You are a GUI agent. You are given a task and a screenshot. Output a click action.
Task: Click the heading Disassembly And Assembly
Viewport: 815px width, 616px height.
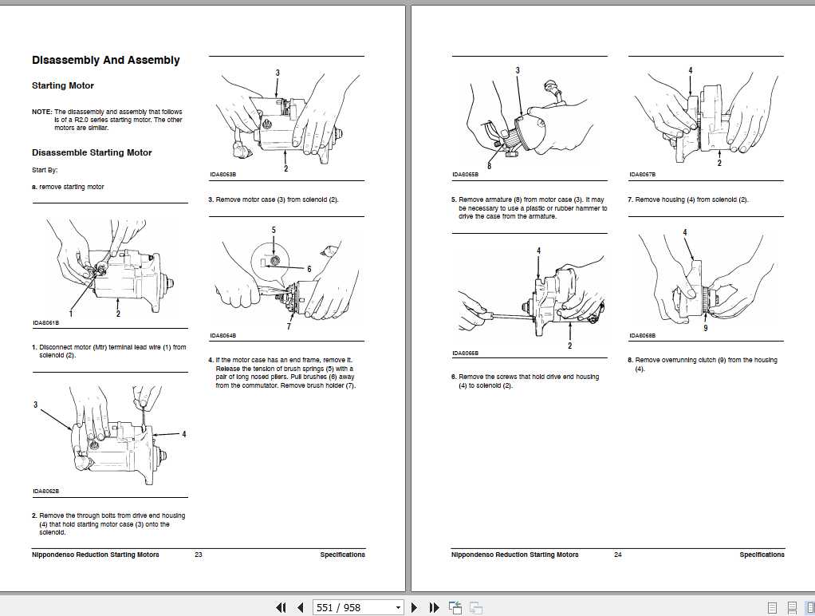[105, 61]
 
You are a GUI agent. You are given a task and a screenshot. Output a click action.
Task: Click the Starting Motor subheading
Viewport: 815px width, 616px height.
[63, 86]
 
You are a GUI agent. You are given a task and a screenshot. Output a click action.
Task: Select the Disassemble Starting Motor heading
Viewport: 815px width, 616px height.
[92, 152]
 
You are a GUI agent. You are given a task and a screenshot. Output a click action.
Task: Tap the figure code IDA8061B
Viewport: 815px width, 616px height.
[45, 323]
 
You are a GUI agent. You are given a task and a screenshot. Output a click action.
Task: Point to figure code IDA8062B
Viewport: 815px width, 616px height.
[45, 491]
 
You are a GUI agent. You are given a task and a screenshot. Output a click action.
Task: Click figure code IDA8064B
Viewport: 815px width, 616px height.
[222, 336]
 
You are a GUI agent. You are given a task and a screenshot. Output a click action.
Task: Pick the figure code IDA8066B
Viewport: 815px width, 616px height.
[465, 353]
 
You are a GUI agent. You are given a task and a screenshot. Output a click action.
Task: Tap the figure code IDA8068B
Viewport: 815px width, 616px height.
[642, 336]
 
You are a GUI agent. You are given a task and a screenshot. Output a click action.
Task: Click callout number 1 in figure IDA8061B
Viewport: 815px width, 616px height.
[70, 314]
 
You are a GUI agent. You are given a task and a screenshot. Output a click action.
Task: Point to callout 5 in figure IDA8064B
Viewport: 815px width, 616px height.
[274, 230]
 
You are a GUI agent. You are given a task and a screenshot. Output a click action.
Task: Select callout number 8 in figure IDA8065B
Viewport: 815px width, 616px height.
[489, 167]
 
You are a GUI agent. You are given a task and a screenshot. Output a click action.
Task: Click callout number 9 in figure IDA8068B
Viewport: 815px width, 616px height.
[705, 327]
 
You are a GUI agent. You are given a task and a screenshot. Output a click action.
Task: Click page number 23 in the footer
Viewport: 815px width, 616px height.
[198, 555]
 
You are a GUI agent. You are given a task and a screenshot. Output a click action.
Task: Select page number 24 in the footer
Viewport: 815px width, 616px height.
[617, 555]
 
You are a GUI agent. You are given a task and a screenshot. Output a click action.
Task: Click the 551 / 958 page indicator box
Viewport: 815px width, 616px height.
[358, 608]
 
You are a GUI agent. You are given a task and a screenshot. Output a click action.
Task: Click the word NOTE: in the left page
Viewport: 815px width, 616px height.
[41, 112]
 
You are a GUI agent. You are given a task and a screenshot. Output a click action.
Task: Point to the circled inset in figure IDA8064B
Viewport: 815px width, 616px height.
[273, 260]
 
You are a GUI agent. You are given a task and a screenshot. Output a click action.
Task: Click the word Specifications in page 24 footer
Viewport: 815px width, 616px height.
[762, 555]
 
